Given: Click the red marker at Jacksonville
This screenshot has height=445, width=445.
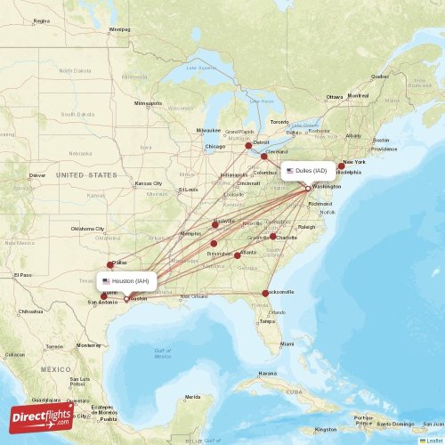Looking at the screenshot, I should point(265,294).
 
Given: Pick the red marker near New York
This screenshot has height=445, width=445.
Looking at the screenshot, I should point(341,166).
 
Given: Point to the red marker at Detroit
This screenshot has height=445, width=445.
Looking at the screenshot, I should point(248,145).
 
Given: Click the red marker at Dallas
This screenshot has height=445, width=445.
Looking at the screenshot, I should point(110,263).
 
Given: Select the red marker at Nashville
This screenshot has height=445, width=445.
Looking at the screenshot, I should point(214,224).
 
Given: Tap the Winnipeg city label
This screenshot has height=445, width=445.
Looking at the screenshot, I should point(118,28).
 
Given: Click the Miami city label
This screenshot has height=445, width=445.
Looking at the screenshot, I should point(287,344).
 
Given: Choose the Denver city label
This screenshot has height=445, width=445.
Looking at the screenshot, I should point(37,175).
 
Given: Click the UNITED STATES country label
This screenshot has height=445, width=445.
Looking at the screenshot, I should point(86,175).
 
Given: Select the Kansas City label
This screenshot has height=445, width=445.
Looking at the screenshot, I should point(149,183).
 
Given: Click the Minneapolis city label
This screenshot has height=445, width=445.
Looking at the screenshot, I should point(149,103).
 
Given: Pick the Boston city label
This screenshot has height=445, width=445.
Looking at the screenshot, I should point(381,141).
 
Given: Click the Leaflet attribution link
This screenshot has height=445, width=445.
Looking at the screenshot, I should point(433,440).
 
